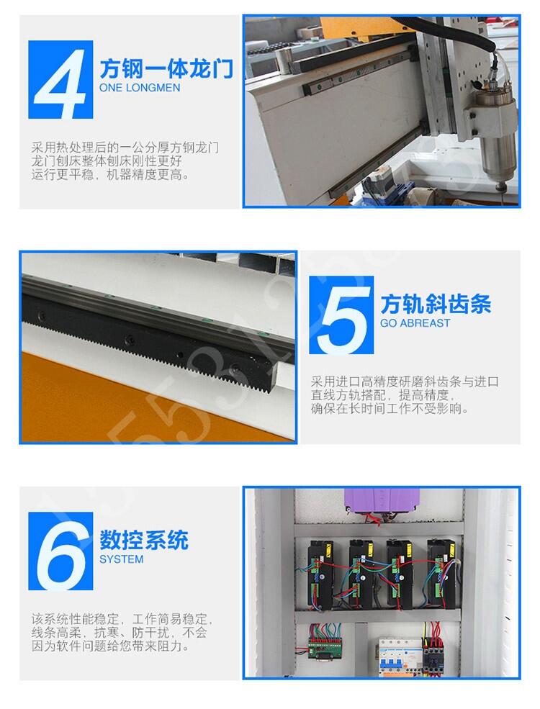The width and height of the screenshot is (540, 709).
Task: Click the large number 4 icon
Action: pos(60,80)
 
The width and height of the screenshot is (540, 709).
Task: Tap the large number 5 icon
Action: pos(341,315)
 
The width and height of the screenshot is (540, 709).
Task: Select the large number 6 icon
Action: pos(60,551)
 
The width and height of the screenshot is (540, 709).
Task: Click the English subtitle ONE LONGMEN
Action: pos(140,88)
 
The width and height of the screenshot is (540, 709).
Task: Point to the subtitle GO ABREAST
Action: pos(415,323)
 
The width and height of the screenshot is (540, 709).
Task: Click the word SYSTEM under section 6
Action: pos(121,559)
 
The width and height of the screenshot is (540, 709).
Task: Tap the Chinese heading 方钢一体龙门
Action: pos(166,68)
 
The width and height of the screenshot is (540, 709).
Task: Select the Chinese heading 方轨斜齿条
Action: pos(436,304)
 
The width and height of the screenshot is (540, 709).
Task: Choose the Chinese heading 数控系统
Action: pos(144,540)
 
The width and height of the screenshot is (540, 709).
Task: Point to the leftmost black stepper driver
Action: pos(320,574)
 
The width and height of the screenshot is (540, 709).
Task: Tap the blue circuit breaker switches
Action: pos(392,661)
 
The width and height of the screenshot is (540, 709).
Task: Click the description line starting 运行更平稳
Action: pos(110,174)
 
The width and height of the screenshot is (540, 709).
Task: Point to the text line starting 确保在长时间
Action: pos(390,409)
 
